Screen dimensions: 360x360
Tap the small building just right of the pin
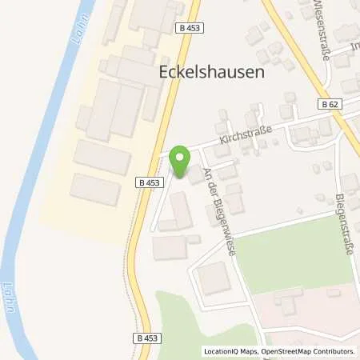[x=196, y=174]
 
